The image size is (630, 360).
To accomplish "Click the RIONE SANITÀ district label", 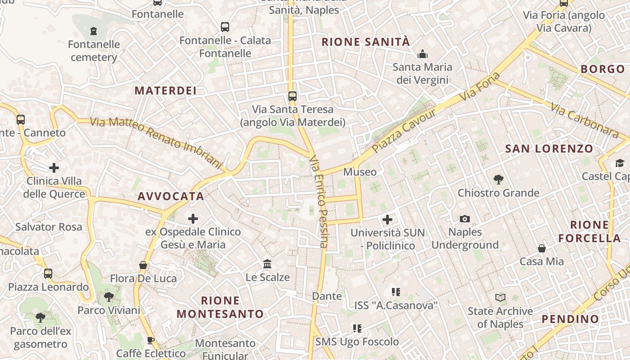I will (x=366, y=42).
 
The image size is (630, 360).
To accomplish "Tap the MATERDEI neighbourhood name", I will (x=166, y=90).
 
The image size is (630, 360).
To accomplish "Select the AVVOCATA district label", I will (x=171, y=196).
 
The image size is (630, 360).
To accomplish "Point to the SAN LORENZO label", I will (x=549, y=149).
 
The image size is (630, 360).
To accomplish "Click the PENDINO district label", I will (x=570, y=319).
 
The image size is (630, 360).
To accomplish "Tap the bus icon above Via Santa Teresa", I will (x=292, y=96).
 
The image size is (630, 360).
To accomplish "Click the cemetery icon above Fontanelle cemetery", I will (x=94, y=31).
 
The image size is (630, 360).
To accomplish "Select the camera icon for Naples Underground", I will (x=465, y=219).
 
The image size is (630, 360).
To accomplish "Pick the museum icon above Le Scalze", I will (x=267, y=264).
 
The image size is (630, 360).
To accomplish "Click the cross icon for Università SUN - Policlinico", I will (x=387, y=220).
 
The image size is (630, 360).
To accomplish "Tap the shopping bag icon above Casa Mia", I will (x=542, y=248).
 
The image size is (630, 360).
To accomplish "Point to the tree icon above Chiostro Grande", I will (x=498, y=180).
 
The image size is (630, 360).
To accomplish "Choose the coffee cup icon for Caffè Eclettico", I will (x=151, y=340).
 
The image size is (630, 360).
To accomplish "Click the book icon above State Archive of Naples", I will (x=500, y=298).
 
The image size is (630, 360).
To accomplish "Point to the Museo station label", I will (x=360, y=172).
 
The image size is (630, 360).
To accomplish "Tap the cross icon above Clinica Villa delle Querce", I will (x=54, y=168).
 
